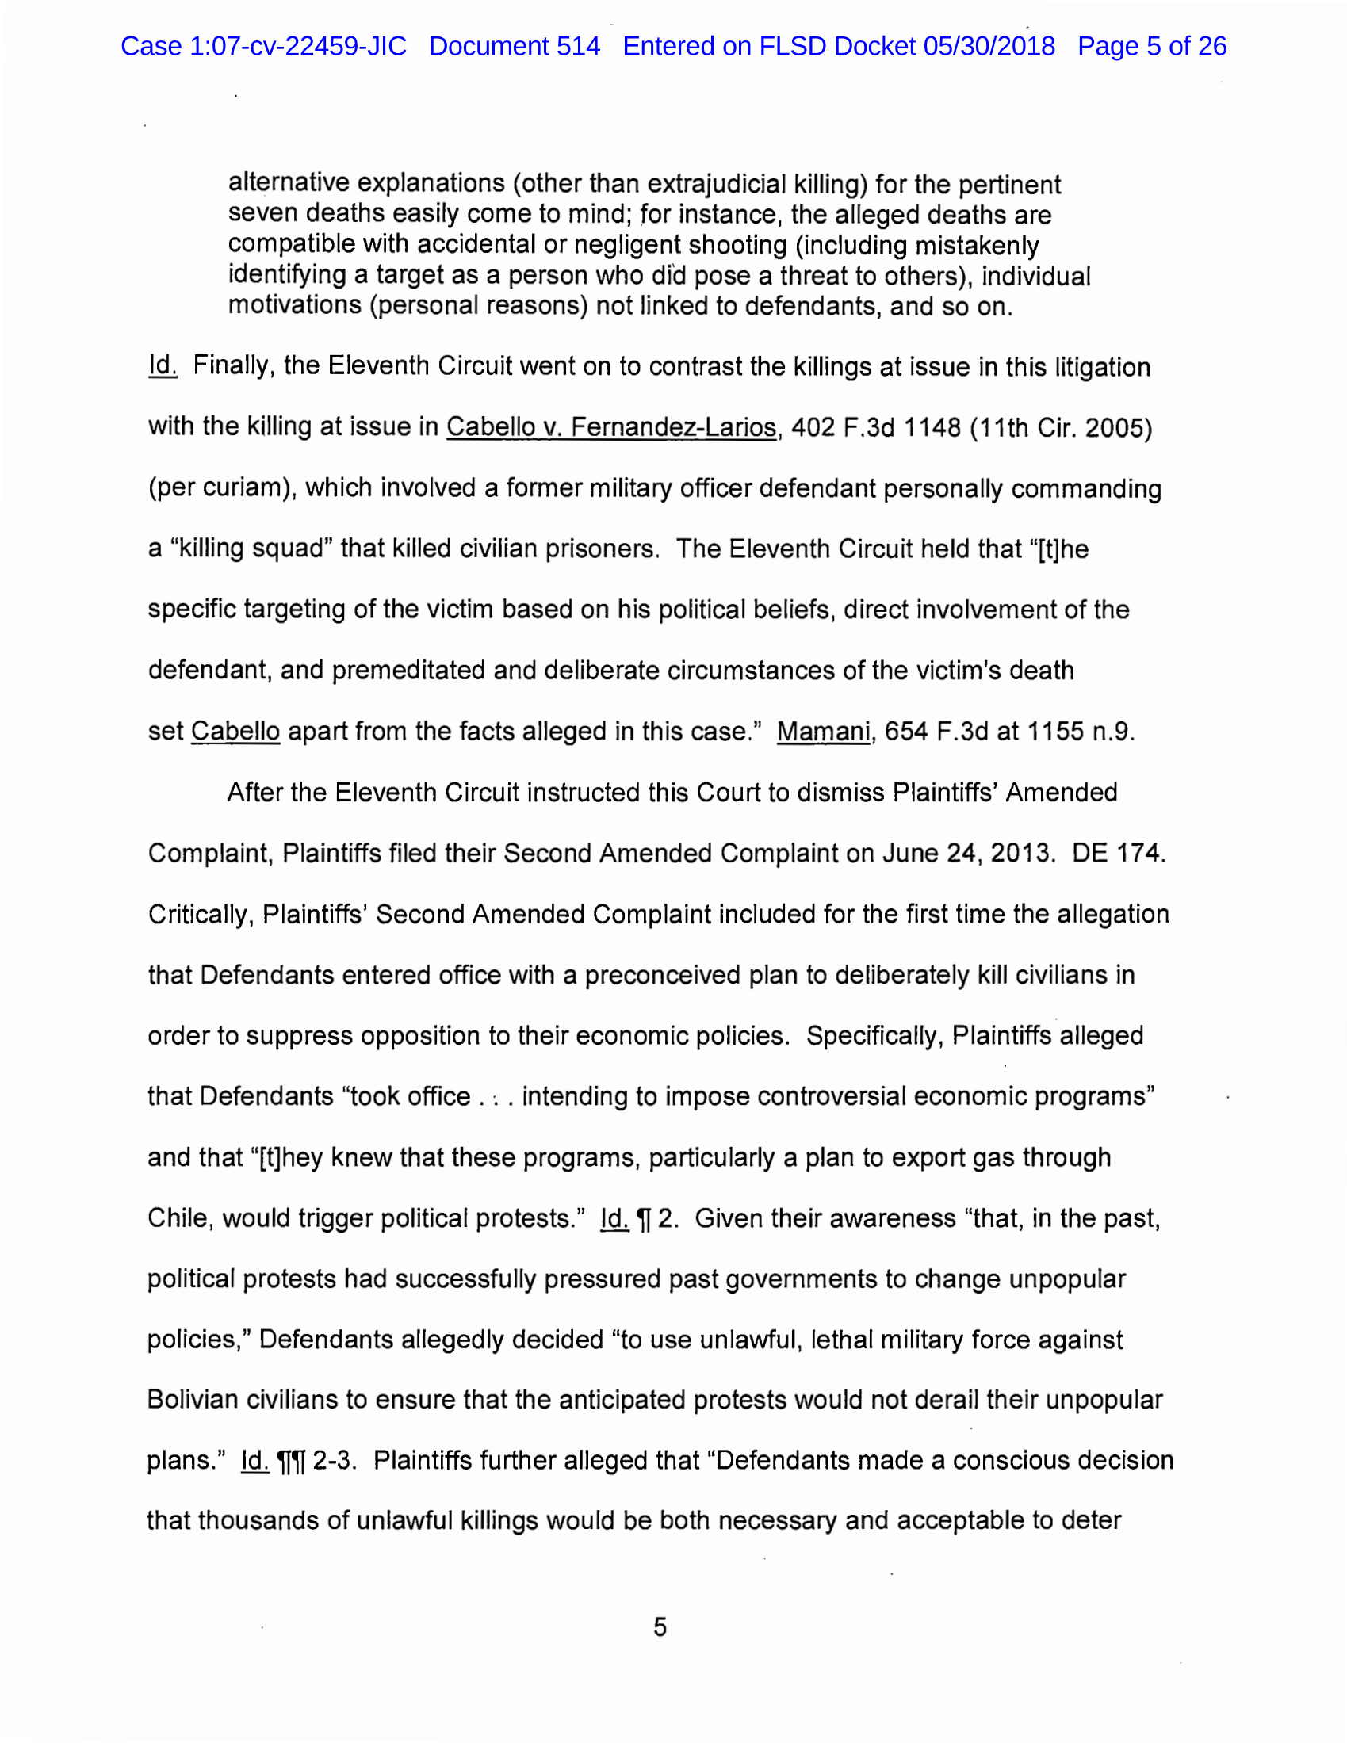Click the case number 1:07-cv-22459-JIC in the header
point(297,46)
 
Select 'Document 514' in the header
point(515,46)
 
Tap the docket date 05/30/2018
point(989,46)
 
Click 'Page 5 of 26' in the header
point(1151,46)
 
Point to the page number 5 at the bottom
point(660,1626)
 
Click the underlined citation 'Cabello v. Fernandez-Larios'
point(610,428)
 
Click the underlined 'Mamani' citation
point(823,731)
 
